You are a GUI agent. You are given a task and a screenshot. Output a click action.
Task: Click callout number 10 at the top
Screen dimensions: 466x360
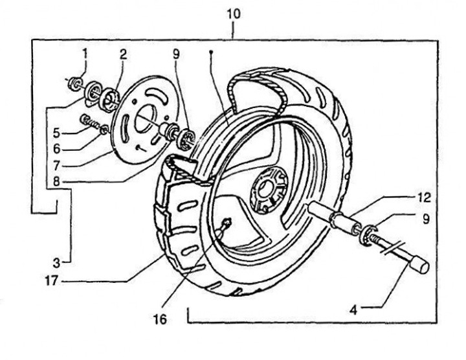point(234,14)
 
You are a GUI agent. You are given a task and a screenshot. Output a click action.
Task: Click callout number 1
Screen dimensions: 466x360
point(85,54)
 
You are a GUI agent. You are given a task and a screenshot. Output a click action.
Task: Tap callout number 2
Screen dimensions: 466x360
point(123,54)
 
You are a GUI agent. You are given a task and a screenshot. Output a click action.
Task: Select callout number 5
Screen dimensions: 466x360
point(56,133)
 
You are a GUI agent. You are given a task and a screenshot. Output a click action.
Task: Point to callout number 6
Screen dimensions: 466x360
point(57,149)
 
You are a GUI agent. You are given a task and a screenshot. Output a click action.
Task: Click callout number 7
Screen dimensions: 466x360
point(57,166)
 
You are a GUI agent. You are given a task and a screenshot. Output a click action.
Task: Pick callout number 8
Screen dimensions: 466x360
point(56,181)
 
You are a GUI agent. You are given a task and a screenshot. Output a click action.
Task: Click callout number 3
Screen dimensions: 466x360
point(56,262)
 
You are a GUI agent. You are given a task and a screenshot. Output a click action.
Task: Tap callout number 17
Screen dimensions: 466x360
point(51,280)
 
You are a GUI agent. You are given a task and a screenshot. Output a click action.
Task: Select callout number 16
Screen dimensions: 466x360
point(161,319)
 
